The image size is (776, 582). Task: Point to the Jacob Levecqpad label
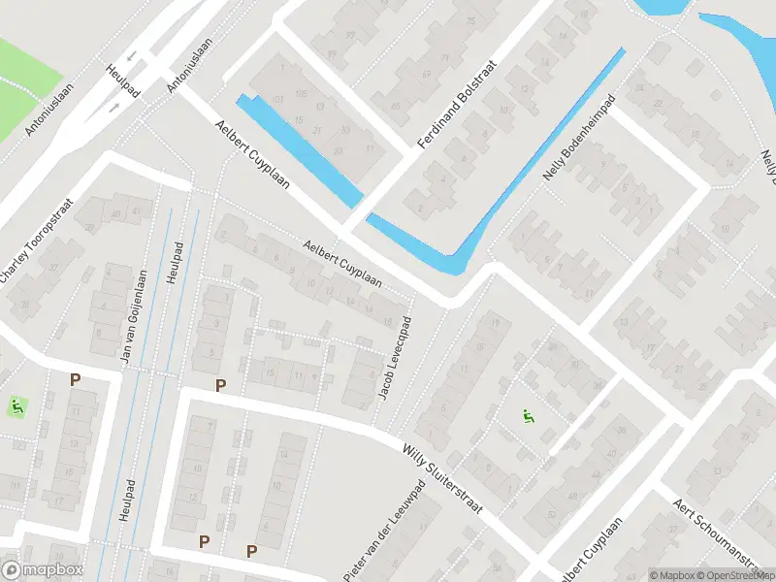tap(392, 358)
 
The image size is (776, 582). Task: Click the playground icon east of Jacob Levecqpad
tap(529, 417)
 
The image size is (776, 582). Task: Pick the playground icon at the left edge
tap(15, 404)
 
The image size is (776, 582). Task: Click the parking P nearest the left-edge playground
tap(75, 380)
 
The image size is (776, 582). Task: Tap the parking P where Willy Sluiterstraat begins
tap(220, 385)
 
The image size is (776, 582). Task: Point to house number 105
tap(301, 93)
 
